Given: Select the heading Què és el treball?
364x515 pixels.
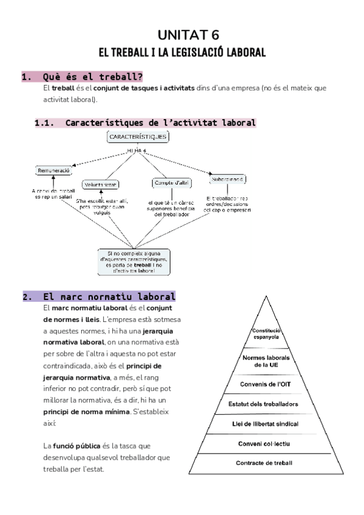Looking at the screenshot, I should pos(93,77).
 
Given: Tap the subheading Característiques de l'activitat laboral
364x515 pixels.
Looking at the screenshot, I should pos(160,123).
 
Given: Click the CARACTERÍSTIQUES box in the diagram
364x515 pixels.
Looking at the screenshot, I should pos(138,137).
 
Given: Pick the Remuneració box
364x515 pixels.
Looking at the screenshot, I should pos(53,171).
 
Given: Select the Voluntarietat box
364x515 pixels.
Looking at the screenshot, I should pos(100,184).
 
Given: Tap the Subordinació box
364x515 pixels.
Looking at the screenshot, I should pos(228,180).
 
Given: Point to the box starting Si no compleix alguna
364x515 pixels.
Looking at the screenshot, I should pos(134,262).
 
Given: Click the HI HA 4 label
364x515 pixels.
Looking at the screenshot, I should pos(138,150).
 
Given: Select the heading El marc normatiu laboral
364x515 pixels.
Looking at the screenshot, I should pos(109,298).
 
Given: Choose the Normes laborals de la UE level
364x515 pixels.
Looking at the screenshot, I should pos(265,361).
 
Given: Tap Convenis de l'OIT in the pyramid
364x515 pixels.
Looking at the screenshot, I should pos(265,384).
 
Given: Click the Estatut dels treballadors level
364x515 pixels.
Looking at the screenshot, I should pos(265,404).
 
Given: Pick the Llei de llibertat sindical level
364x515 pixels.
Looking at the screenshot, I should pos(265,423).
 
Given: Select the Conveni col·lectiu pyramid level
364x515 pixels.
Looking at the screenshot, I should pos(265,443).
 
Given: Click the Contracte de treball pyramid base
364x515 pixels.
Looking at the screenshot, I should pos(265,463).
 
